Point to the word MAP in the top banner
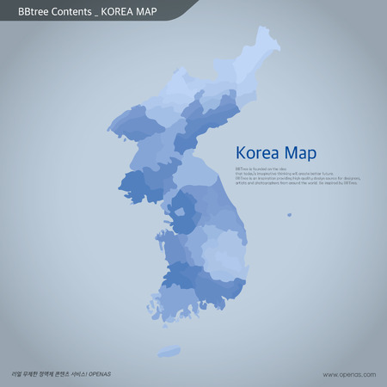(157, 11)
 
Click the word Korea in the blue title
(255, 153)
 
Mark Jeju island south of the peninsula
(169, 351)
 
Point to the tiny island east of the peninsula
(289, 215)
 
